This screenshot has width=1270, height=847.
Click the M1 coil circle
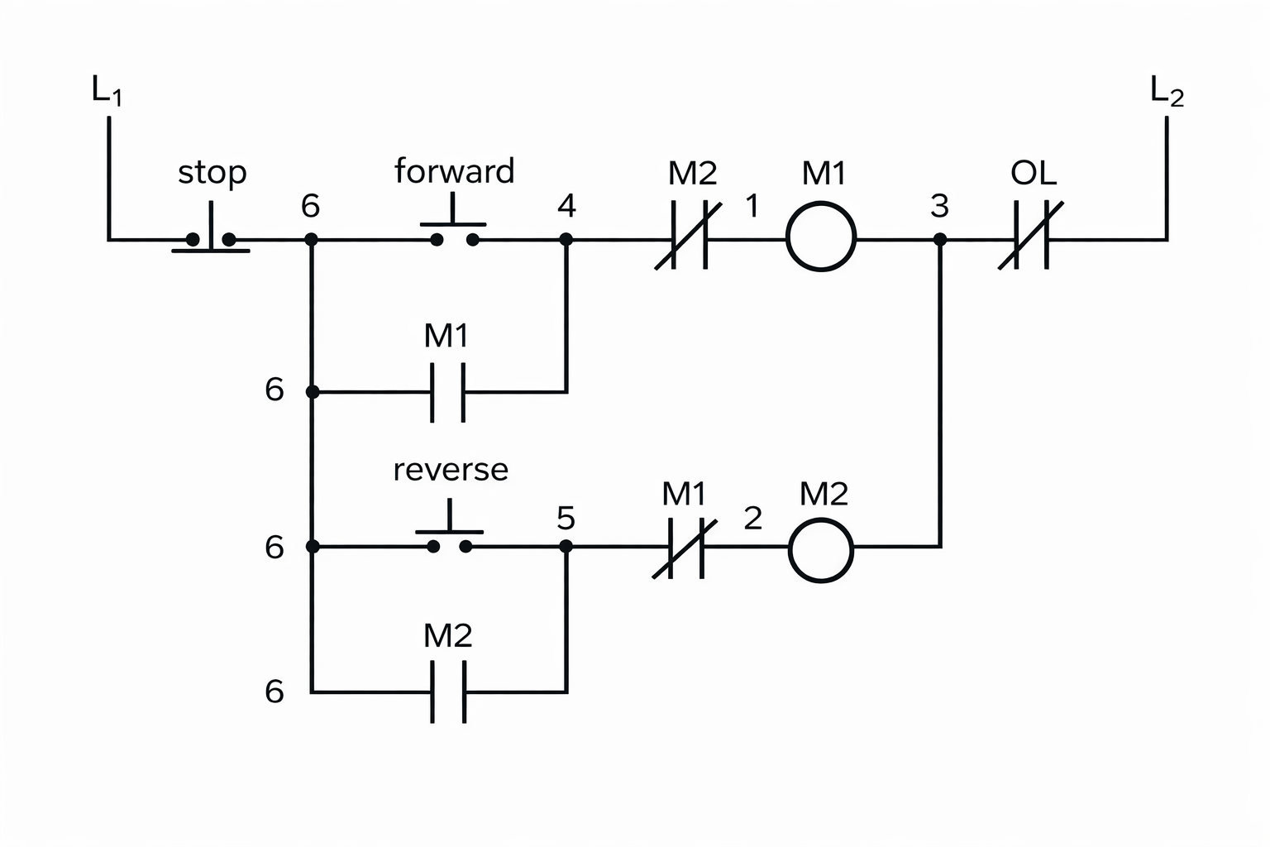(x=821, y=237)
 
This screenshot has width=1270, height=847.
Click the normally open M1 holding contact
(x=447, y=392)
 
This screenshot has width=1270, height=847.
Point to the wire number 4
(x=566, y=205)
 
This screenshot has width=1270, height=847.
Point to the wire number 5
(x=566, y=519)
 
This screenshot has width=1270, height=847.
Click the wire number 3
(x=939, y=206)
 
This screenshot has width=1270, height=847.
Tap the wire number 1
(x=752, y=206)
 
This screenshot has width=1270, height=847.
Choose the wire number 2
(x=752, y=519)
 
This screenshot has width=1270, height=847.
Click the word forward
(x=454, y=171)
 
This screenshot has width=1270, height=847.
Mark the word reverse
(x=451, y=469)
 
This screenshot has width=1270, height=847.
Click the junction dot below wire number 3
(x=940, y=240)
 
